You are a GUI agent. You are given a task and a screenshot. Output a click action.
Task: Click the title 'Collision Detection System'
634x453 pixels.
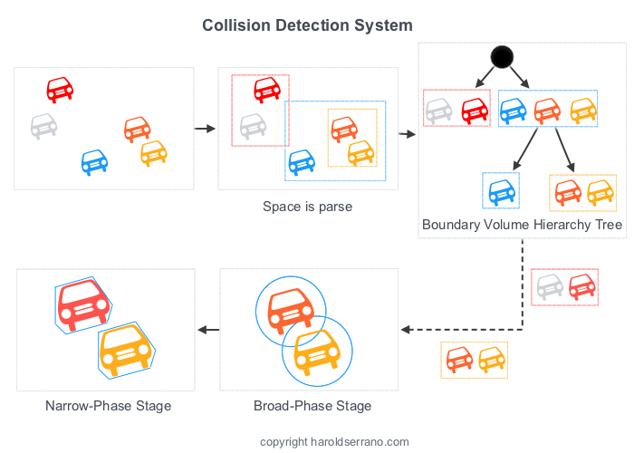click(307, 25)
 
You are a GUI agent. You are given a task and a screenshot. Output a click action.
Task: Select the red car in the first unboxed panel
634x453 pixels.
click(60, 89)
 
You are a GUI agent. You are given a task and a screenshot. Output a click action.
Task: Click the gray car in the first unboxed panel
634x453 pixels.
click(43, 124)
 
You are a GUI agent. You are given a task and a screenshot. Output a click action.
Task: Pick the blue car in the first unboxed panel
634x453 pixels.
click(94, 161)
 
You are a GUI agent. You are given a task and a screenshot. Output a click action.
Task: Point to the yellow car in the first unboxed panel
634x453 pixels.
click(154, 152)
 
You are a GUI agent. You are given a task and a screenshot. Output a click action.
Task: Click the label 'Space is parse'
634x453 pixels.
click(307, 207)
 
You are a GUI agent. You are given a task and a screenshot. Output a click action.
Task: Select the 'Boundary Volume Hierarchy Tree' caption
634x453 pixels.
click(522, 224)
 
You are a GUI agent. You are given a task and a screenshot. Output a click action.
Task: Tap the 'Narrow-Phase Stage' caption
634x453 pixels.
click(108, 406)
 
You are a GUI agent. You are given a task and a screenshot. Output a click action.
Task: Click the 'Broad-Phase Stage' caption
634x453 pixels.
click(312, 406)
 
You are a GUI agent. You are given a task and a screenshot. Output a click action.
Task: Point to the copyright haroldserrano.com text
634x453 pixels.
click(334, 442)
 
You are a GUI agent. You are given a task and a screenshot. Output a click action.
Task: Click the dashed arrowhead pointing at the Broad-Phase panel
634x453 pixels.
click(407, 329)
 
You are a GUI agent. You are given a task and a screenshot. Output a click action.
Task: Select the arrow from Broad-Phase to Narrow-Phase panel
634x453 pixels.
click(208, 329)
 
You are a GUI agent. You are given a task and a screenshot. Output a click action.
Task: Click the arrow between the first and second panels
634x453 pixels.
click(206, 129)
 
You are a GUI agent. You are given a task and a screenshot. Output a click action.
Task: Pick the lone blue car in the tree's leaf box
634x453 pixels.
click(501, 191)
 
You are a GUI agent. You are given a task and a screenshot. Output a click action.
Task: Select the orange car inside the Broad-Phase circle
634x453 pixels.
click(290, 309)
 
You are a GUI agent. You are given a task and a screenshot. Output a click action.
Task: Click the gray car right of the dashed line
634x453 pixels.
click(550, 287)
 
